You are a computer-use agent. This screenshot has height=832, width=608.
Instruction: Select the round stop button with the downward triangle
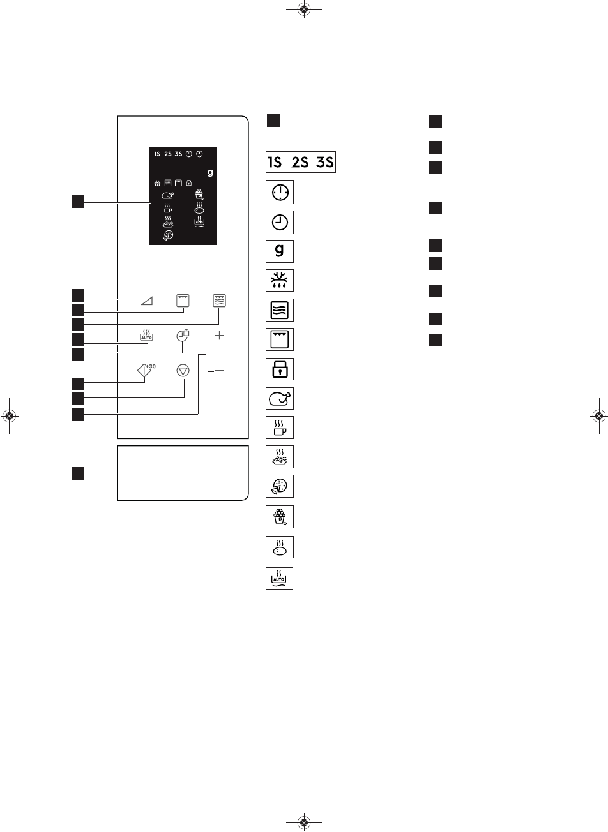183,370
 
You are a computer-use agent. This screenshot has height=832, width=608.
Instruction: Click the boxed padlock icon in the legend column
280,369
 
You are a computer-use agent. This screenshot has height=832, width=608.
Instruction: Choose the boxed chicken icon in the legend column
280,399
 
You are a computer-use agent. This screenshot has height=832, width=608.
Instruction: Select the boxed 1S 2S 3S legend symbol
300,162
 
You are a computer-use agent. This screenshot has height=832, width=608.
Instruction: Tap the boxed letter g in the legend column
280,251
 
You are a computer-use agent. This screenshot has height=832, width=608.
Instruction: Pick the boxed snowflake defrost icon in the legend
280,281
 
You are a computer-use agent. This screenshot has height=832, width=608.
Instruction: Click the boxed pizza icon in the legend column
280,487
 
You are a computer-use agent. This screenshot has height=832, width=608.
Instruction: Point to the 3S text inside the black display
178,154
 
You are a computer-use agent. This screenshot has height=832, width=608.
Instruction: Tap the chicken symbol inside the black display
167,196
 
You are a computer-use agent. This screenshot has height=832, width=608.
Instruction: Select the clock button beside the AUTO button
183,334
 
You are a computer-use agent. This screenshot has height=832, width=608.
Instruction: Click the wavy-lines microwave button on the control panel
220,300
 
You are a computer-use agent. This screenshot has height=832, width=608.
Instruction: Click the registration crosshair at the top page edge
304,10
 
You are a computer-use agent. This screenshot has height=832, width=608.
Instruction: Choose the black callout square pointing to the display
77,202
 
